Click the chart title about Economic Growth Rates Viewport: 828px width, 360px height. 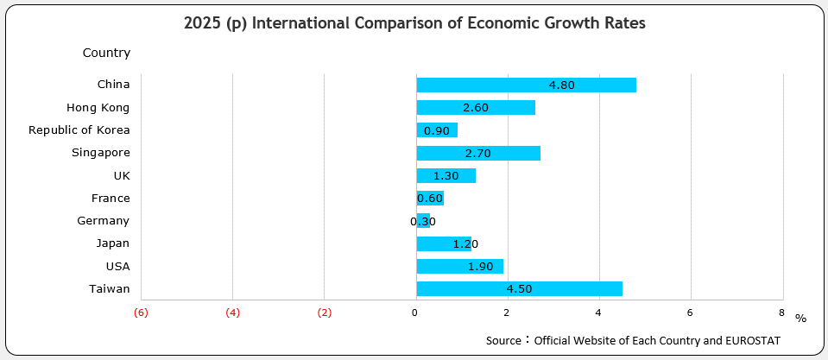click(414, 23)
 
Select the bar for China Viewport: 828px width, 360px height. click(526, 85)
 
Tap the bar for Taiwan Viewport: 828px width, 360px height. click(519, 289)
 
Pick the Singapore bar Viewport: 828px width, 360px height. click(478, 153)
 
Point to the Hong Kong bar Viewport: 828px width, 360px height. click(476, 107)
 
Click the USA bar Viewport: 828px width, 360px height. click(459, 267)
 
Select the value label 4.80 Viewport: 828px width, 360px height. click(561, 85)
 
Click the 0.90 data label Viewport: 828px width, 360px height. click(437, 130)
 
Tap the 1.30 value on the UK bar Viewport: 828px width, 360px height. click(446, 175)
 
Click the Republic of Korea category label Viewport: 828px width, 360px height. click(79, 130)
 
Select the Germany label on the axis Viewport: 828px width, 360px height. click(103, 221)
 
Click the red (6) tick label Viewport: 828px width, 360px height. click(141, 313)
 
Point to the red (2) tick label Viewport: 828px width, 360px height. click(324, 313)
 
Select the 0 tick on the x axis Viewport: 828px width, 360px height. click(415, 313)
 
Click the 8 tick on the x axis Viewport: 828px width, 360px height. click(781, 313)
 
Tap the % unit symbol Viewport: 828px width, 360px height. click(800, 319)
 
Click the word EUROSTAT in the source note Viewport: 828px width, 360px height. click(752, 341)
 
